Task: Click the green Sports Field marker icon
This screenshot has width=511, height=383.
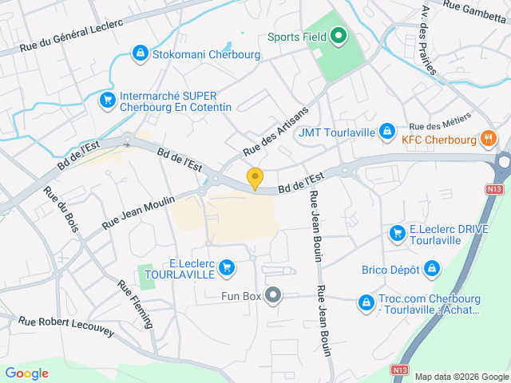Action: [338, 35]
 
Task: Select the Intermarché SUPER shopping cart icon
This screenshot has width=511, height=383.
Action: [106, 100]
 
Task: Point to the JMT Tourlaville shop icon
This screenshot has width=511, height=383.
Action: [386, 130]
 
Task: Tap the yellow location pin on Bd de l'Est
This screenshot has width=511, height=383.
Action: [255, 179]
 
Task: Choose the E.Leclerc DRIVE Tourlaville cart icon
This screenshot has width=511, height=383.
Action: [397, 233]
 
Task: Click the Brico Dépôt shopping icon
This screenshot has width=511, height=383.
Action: [432, 269]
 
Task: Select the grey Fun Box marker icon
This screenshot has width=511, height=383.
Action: [274, 296]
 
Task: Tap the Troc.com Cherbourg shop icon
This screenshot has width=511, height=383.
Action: [366, 302]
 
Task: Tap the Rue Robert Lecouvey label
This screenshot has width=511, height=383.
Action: [66, 326]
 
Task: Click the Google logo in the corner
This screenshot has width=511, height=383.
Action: [27, 373]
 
